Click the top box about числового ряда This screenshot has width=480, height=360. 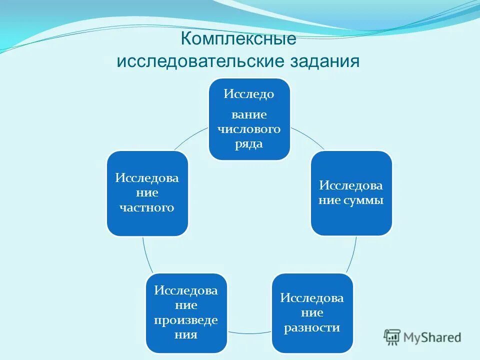point(249,119)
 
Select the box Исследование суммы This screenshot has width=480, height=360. point(351,193)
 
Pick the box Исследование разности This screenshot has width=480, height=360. point(312,313)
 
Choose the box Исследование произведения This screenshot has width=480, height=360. point(186,313)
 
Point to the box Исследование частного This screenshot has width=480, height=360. point(147,193)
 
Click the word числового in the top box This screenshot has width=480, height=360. point(249,129)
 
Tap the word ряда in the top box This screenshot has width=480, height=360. point(249,144)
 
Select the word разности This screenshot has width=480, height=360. point(312,328)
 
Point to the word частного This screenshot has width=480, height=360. point(147,207)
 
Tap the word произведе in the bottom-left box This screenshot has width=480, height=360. point(186,320)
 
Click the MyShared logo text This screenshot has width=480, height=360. point(433,337)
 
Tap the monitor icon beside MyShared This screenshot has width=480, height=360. point(392,337)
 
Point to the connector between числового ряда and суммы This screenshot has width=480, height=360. point(307,137)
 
